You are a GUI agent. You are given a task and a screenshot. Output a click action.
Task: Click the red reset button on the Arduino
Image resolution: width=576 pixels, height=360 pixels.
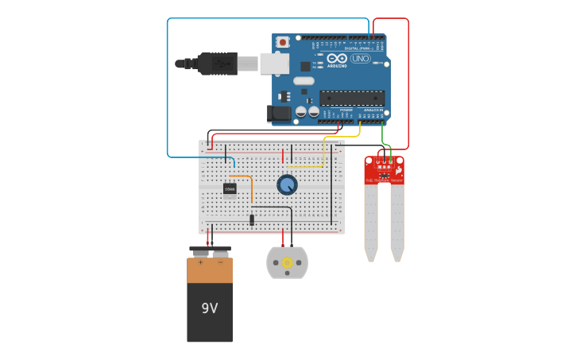coord(283,41)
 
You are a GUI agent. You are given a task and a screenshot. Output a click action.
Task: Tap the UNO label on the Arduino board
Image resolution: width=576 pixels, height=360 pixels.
coord(360,59)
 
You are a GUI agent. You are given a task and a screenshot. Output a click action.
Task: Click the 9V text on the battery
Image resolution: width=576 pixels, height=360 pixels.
coord(209,308)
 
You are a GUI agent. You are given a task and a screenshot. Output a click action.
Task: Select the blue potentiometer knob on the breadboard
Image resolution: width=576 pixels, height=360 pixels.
coord(287,184)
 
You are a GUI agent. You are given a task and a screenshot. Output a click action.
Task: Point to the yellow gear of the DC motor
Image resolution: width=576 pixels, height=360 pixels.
coord(287,262)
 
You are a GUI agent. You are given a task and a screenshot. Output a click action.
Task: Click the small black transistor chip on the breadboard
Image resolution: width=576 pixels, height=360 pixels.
coord(230,188)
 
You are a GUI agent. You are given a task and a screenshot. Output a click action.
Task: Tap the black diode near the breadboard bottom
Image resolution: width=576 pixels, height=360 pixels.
coord(252,219)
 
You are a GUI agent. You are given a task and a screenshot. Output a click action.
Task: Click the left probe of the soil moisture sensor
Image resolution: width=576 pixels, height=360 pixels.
coord(371,223)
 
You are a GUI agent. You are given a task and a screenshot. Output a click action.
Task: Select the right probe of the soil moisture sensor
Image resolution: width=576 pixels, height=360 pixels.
coord(396,223)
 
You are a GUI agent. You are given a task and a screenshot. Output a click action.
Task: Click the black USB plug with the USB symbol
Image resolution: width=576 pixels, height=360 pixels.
coord(216,64)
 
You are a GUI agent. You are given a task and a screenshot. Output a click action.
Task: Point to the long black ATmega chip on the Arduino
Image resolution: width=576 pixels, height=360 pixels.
coord(352,98)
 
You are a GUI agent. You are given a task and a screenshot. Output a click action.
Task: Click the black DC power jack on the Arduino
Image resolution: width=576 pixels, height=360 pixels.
coord(280,113)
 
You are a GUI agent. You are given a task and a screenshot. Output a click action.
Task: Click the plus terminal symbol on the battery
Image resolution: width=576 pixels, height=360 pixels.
coord(200,261)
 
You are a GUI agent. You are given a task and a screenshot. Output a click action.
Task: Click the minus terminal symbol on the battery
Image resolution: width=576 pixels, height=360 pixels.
coord(220,261)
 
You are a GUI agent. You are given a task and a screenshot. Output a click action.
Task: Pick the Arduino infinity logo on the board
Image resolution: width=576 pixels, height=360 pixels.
coord(337,59)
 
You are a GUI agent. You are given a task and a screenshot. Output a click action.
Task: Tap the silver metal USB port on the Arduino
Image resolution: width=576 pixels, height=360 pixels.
coord(274,63)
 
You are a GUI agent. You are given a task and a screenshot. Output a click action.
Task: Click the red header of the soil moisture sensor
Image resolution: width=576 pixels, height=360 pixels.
coord(384,169)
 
